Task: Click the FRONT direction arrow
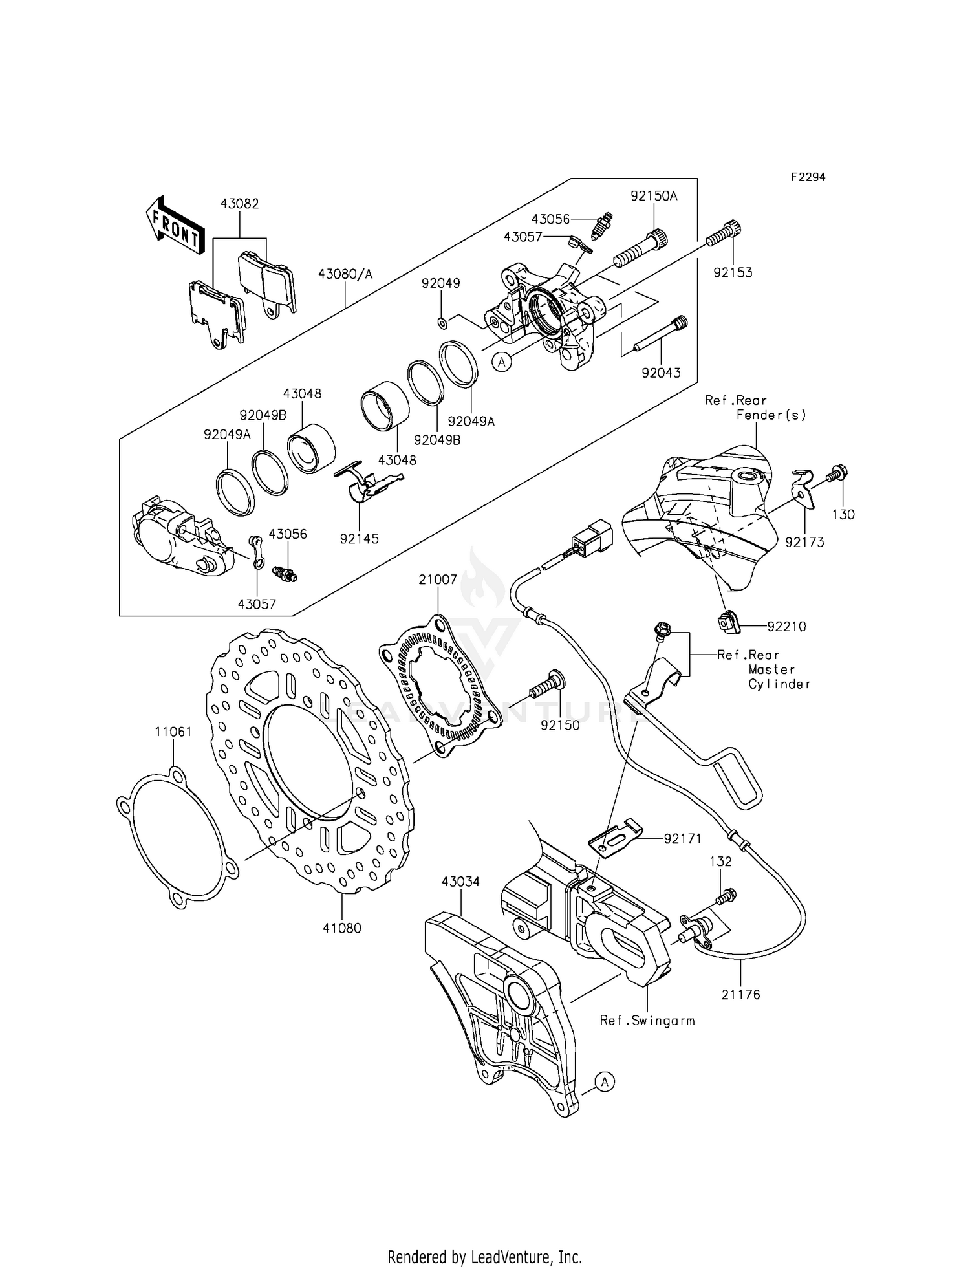point(174,227)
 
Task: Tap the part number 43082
point(239,204)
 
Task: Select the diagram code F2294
point(807,177)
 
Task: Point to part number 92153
point(733,272)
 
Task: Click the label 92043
point(661,373)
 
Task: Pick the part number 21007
point(437,580)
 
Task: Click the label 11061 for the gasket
point(173,732)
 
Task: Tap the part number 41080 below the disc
point(343,927)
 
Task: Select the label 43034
point(460,882)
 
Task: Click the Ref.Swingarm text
point(647,1020)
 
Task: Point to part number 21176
point(741,994)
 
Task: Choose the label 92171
point(682,838)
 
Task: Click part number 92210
point(787,626)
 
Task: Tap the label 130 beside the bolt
point(843,515)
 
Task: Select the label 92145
point(359,538)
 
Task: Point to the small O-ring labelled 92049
point(441,322)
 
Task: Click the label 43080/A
point(345,274)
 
